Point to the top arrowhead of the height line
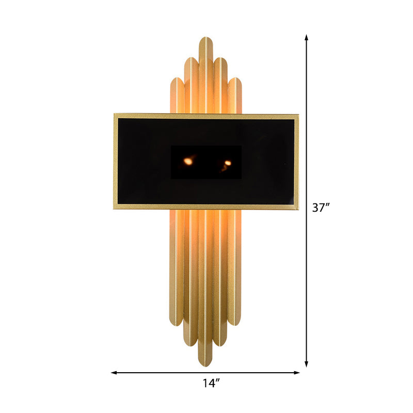307,37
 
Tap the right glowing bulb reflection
227,163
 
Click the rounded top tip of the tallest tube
206,39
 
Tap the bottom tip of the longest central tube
206,364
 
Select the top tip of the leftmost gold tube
177,79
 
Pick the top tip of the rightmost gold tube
235,79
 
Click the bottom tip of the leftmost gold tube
177,324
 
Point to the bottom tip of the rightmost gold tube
235,324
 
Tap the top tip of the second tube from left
192,58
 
